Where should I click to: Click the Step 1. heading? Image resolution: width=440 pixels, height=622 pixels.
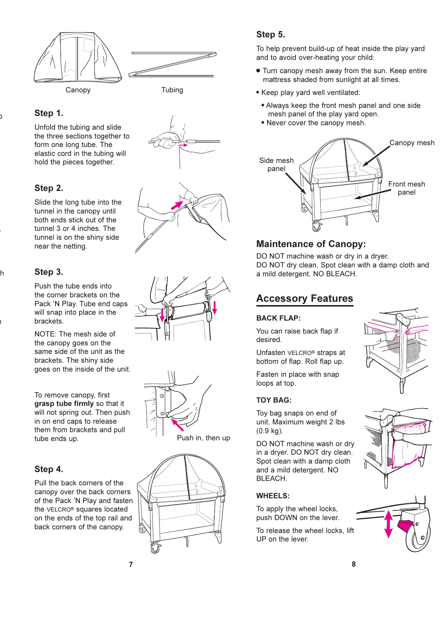point(49,113)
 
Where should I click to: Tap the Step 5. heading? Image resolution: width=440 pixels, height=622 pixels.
point(270,35)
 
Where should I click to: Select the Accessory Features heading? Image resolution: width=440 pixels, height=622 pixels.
point(304,298)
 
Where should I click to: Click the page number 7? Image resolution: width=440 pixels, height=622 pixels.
point(131,564)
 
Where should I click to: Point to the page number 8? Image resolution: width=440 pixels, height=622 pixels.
point(354,564)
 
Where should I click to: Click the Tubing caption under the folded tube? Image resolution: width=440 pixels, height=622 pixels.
point(172,90)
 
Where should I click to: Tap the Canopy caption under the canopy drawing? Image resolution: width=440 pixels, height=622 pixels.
point(78,90)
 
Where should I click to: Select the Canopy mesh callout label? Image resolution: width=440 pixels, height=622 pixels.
point(412,143)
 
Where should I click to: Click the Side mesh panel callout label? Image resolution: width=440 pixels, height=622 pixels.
point(276,165)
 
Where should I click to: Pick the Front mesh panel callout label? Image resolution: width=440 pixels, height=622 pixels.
point(406,188)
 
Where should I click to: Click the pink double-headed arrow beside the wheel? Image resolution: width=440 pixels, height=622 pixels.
point(388,524)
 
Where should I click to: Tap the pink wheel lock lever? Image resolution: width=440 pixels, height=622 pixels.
point(405,525)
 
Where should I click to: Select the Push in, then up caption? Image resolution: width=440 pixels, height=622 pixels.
point(203,438)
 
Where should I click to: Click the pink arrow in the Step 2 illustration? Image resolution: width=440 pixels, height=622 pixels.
point(177,205)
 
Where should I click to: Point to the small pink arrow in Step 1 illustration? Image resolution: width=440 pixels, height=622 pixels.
point(183,146)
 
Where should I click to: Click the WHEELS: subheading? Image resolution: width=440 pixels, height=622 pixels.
point(273,496)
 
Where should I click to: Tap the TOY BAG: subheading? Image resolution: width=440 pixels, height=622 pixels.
point(274,400)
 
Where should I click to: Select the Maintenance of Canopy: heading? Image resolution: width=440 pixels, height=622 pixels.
point(311,244)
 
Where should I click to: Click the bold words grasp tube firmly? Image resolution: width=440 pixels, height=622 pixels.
point(64,404)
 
